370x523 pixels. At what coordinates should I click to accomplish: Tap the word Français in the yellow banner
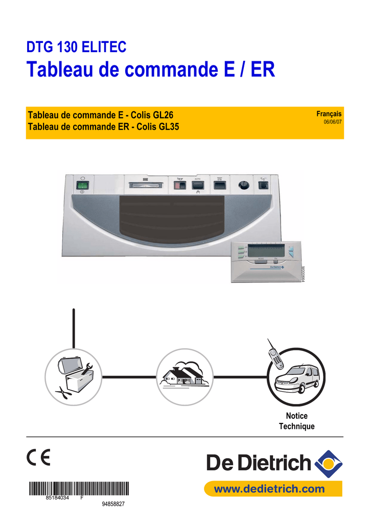[329, 114]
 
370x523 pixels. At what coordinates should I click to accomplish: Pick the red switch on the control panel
[179, 185]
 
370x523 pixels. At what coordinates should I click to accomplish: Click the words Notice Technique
[296, 421]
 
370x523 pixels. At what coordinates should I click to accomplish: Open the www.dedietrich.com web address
[269, 489]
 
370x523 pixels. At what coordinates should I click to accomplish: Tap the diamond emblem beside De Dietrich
[327, 462]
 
